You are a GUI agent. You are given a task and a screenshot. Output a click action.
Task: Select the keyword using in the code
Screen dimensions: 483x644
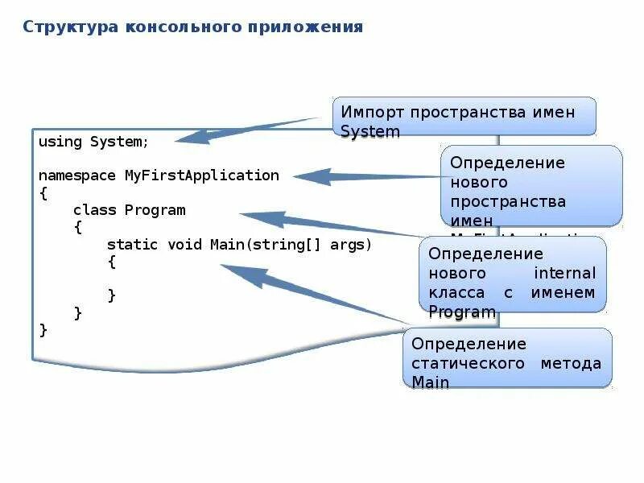pos(60,142)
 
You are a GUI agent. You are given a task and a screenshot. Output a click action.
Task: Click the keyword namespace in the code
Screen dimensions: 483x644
pos(77,175)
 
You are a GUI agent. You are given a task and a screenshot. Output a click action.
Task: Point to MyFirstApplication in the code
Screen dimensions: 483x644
pos(201,175)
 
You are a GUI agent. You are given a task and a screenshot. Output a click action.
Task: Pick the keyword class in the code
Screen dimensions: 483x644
pos(94,210)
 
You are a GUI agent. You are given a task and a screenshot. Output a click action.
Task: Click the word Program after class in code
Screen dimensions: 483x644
pos(155,210)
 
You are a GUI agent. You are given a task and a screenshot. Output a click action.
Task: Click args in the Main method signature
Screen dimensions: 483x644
pos(350,244)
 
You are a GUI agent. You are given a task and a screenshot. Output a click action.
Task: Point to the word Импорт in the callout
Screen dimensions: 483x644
pos(373,112)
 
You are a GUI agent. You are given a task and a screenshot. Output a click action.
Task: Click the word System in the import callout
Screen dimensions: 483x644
pos(369,131)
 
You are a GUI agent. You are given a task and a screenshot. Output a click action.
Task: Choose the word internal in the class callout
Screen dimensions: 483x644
pos(565,273)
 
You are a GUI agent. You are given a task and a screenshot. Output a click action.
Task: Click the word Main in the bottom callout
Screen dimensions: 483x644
pos(430,382)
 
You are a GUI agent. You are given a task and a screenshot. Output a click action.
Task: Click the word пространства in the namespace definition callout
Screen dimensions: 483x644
pos(508,201)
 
